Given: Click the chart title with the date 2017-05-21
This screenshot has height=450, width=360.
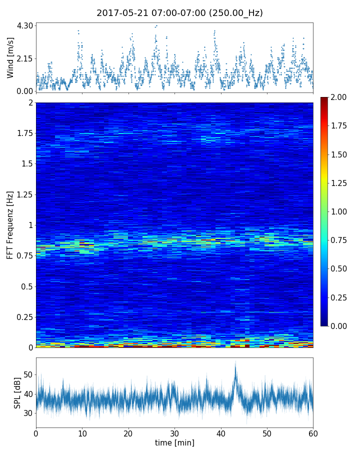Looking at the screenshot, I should coord(179,13).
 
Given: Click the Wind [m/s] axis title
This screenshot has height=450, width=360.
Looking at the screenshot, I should coord(10,58).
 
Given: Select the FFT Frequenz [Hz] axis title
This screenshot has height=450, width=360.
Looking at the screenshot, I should coord(10,225).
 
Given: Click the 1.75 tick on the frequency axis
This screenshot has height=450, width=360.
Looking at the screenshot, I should coord(23,133).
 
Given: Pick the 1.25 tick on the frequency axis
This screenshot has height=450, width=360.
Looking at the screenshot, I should coord(23,194).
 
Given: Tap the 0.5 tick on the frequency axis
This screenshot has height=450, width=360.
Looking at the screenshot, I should coord(26,286).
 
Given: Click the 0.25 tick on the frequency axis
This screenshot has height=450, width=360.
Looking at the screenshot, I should coord(23,317).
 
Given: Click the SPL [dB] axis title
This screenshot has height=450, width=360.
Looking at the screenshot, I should coord(17,392).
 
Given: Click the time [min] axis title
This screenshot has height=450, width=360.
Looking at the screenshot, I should coord(174,442).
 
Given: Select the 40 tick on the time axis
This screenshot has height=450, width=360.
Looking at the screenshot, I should coord(220,432).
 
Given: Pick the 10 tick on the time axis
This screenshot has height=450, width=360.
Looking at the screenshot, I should coord(82,432).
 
